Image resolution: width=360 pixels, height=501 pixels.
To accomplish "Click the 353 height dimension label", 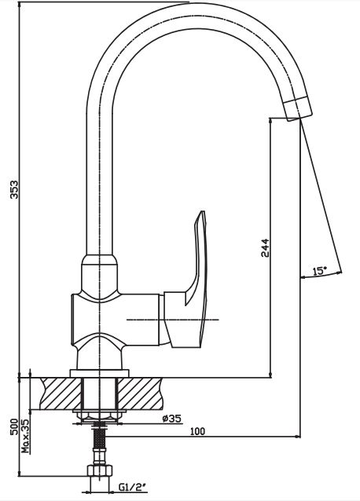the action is click(14, 189).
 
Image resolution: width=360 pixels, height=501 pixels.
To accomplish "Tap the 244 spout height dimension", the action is click(265, 247).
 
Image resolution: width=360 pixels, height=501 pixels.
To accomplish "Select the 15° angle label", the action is click(320, 271).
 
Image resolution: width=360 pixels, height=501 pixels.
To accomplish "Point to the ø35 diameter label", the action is click(171, 419).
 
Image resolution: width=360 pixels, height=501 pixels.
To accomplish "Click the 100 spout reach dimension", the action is click(197, 431).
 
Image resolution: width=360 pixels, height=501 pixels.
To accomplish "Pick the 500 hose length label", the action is click(14, 426).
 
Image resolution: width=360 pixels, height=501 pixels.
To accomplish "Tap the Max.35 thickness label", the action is click(26, 436).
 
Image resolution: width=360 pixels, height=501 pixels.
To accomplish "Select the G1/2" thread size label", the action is click(133, 487).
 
